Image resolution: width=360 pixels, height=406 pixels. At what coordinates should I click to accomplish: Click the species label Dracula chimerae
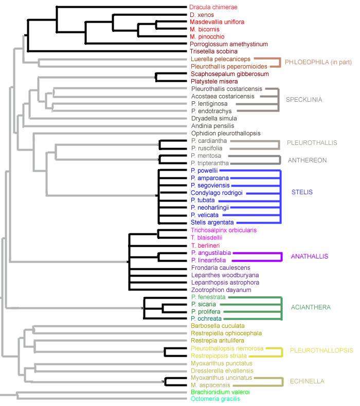point(213,7)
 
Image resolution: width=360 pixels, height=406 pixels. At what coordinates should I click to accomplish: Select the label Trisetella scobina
point(213,51)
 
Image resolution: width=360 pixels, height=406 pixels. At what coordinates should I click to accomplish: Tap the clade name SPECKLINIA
point(304,100)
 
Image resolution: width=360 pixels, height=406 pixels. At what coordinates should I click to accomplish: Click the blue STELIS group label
point(302,192)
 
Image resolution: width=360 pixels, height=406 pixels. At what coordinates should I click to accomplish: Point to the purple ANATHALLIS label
point(310,256)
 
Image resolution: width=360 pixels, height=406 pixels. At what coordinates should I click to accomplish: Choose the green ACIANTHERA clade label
point(311,307)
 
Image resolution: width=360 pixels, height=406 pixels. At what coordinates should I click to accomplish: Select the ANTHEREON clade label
point(307,160)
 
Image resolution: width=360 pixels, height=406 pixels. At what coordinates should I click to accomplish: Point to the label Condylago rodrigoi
point(216,193)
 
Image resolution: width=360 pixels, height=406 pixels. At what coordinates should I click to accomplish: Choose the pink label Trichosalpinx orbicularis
point(224,230)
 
